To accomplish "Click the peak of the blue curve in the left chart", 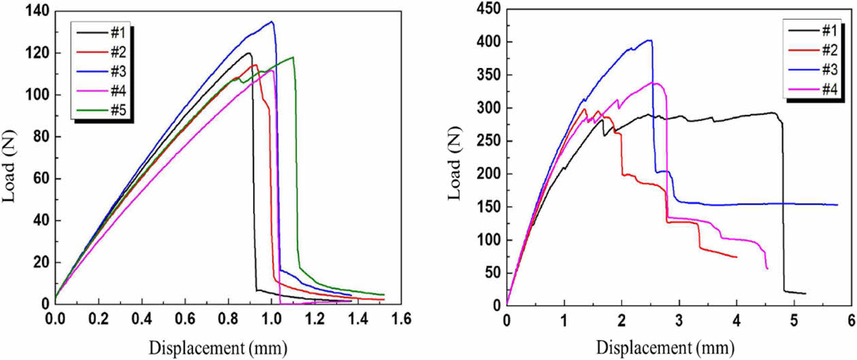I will click(272, 22).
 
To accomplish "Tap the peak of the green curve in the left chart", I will click(293, 57).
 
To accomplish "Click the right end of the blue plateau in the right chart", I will click(837, 204).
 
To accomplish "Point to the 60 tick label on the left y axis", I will click(35, 179).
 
